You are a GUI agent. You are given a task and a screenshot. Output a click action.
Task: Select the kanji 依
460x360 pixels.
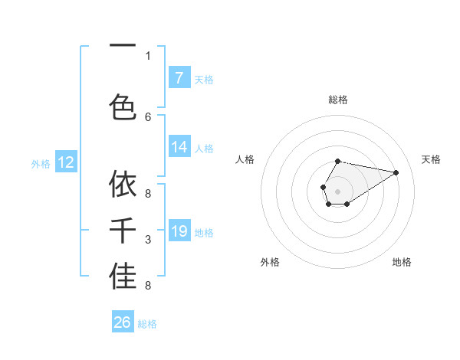123,185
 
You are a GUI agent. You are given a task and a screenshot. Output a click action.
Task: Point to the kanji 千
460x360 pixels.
123,231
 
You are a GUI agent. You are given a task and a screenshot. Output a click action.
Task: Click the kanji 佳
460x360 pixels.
123,277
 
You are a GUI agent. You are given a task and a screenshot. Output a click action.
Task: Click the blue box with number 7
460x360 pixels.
179,77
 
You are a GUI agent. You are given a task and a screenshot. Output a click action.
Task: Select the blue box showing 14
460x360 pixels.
179,148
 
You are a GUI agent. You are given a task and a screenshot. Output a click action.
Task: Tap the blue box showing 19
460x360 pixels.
179,231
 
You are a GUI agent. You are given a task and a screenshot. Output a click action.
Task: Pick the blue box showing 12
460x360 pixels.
65,162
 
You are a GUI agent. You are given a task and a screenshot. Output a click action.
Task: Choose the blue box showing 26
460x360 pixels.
123,322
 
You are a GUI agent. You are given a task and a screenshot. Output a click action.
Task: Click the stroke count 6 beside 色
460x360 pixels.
148,116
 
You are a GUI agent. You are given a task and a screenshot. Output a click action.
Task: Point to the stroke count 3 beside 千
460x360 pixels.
148,241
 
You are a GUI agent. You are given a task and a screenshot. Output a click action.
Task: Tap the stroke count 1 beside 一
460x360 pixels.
148,55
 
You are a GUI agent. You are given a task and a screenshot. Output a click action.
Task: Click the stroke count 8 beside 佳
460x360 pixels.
148,286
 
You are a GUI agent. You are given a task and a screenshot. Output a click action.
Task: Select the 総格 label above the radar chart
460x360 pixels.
337,100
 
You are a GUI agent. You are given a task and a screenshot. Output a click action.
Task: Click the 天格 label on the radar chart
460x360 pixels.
431,159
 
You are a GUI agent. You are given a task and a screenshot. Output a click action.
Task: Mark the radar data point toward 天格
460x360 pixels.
396,172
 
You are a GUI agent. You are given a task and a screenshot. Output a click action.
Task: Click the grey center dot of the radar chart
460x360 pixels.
337,191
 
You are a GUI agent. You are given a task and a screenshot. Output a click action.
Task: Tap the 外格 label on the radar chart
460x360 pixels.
270,263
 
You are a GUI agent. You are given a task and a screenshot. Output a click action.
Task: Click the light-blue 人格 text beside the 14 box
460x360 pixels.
204,149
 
